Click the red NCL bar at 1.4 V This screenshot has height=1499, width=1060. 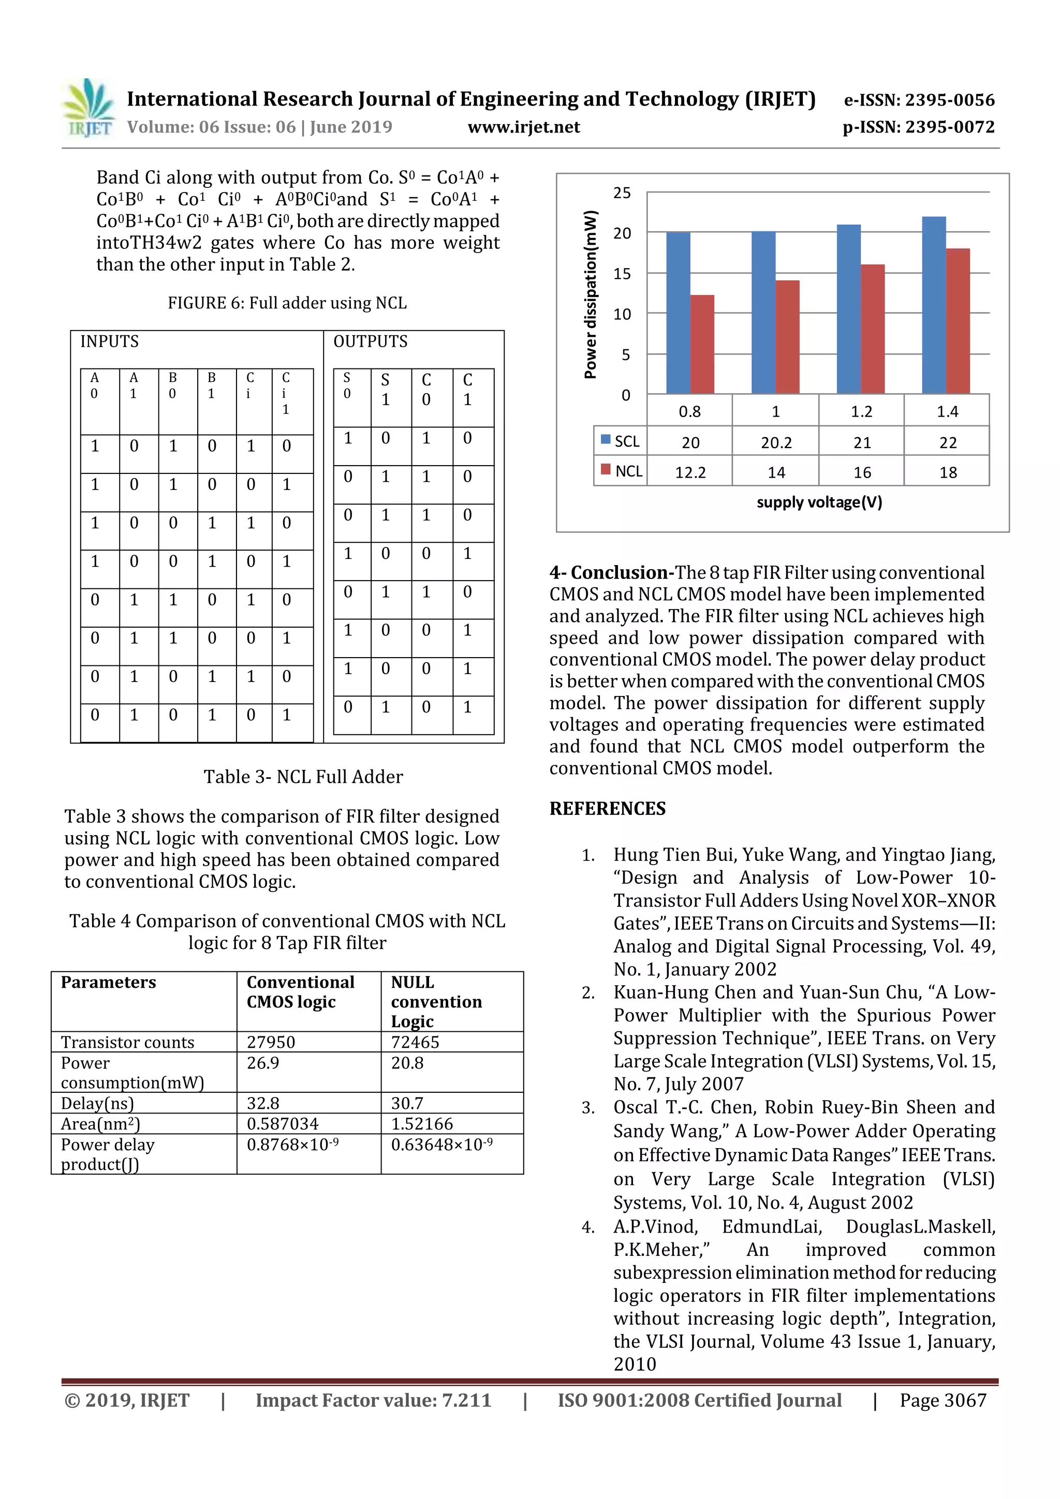[x=958, y=321]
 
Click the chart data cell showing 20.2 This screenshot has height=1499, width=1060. [x=776, y=442]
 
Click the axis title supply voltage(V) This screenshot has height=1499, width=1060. [x=819, y=502]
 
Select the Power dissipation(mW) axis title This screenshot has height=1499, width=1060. [x=591, y=294]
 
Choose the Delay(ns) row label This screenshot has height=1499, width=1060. [x=97, y=1103]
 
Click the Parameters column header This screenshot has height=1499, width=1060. [x=108, y=982]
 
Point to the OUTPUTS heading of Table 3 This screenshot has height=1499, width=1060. [x=370, y=342]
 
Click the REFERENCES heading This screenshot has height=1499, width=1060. [x=608, y=808]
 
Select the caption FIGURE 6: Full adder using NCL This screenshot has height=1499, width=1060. [x=287, y=303]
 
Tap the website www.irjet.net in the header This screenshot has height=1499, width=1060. [x=524, y=127]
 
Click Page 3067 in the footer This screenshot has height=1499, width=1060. [x=943, y=1400]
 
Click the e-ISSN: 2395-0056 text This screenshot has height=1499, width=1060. [x=919, y=100]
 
